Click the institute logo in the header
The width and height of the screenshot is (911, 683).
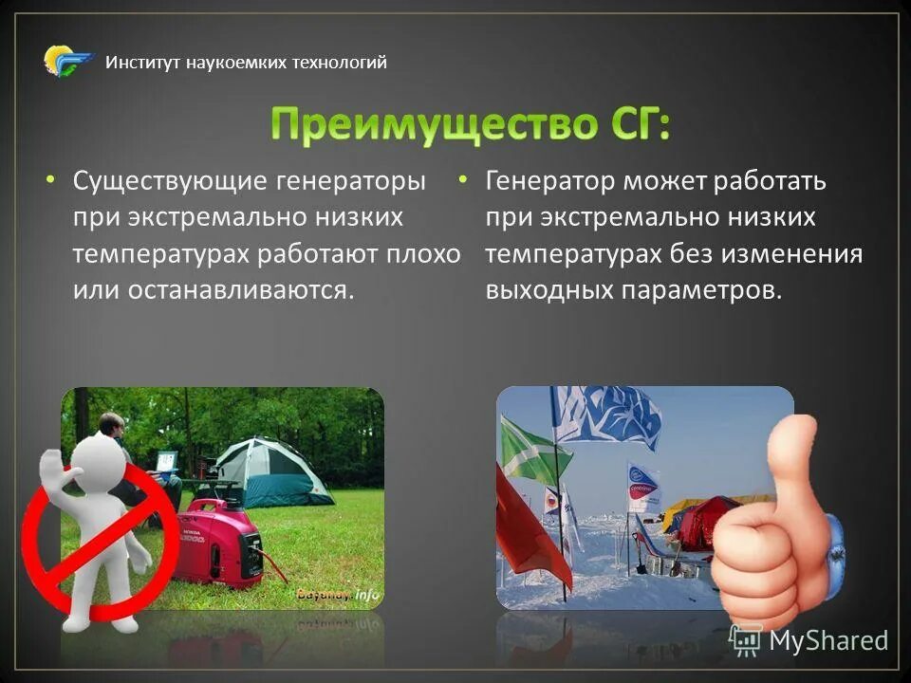[68, 62]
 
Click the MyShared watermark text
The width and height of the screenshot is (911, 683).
[827, 640]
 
